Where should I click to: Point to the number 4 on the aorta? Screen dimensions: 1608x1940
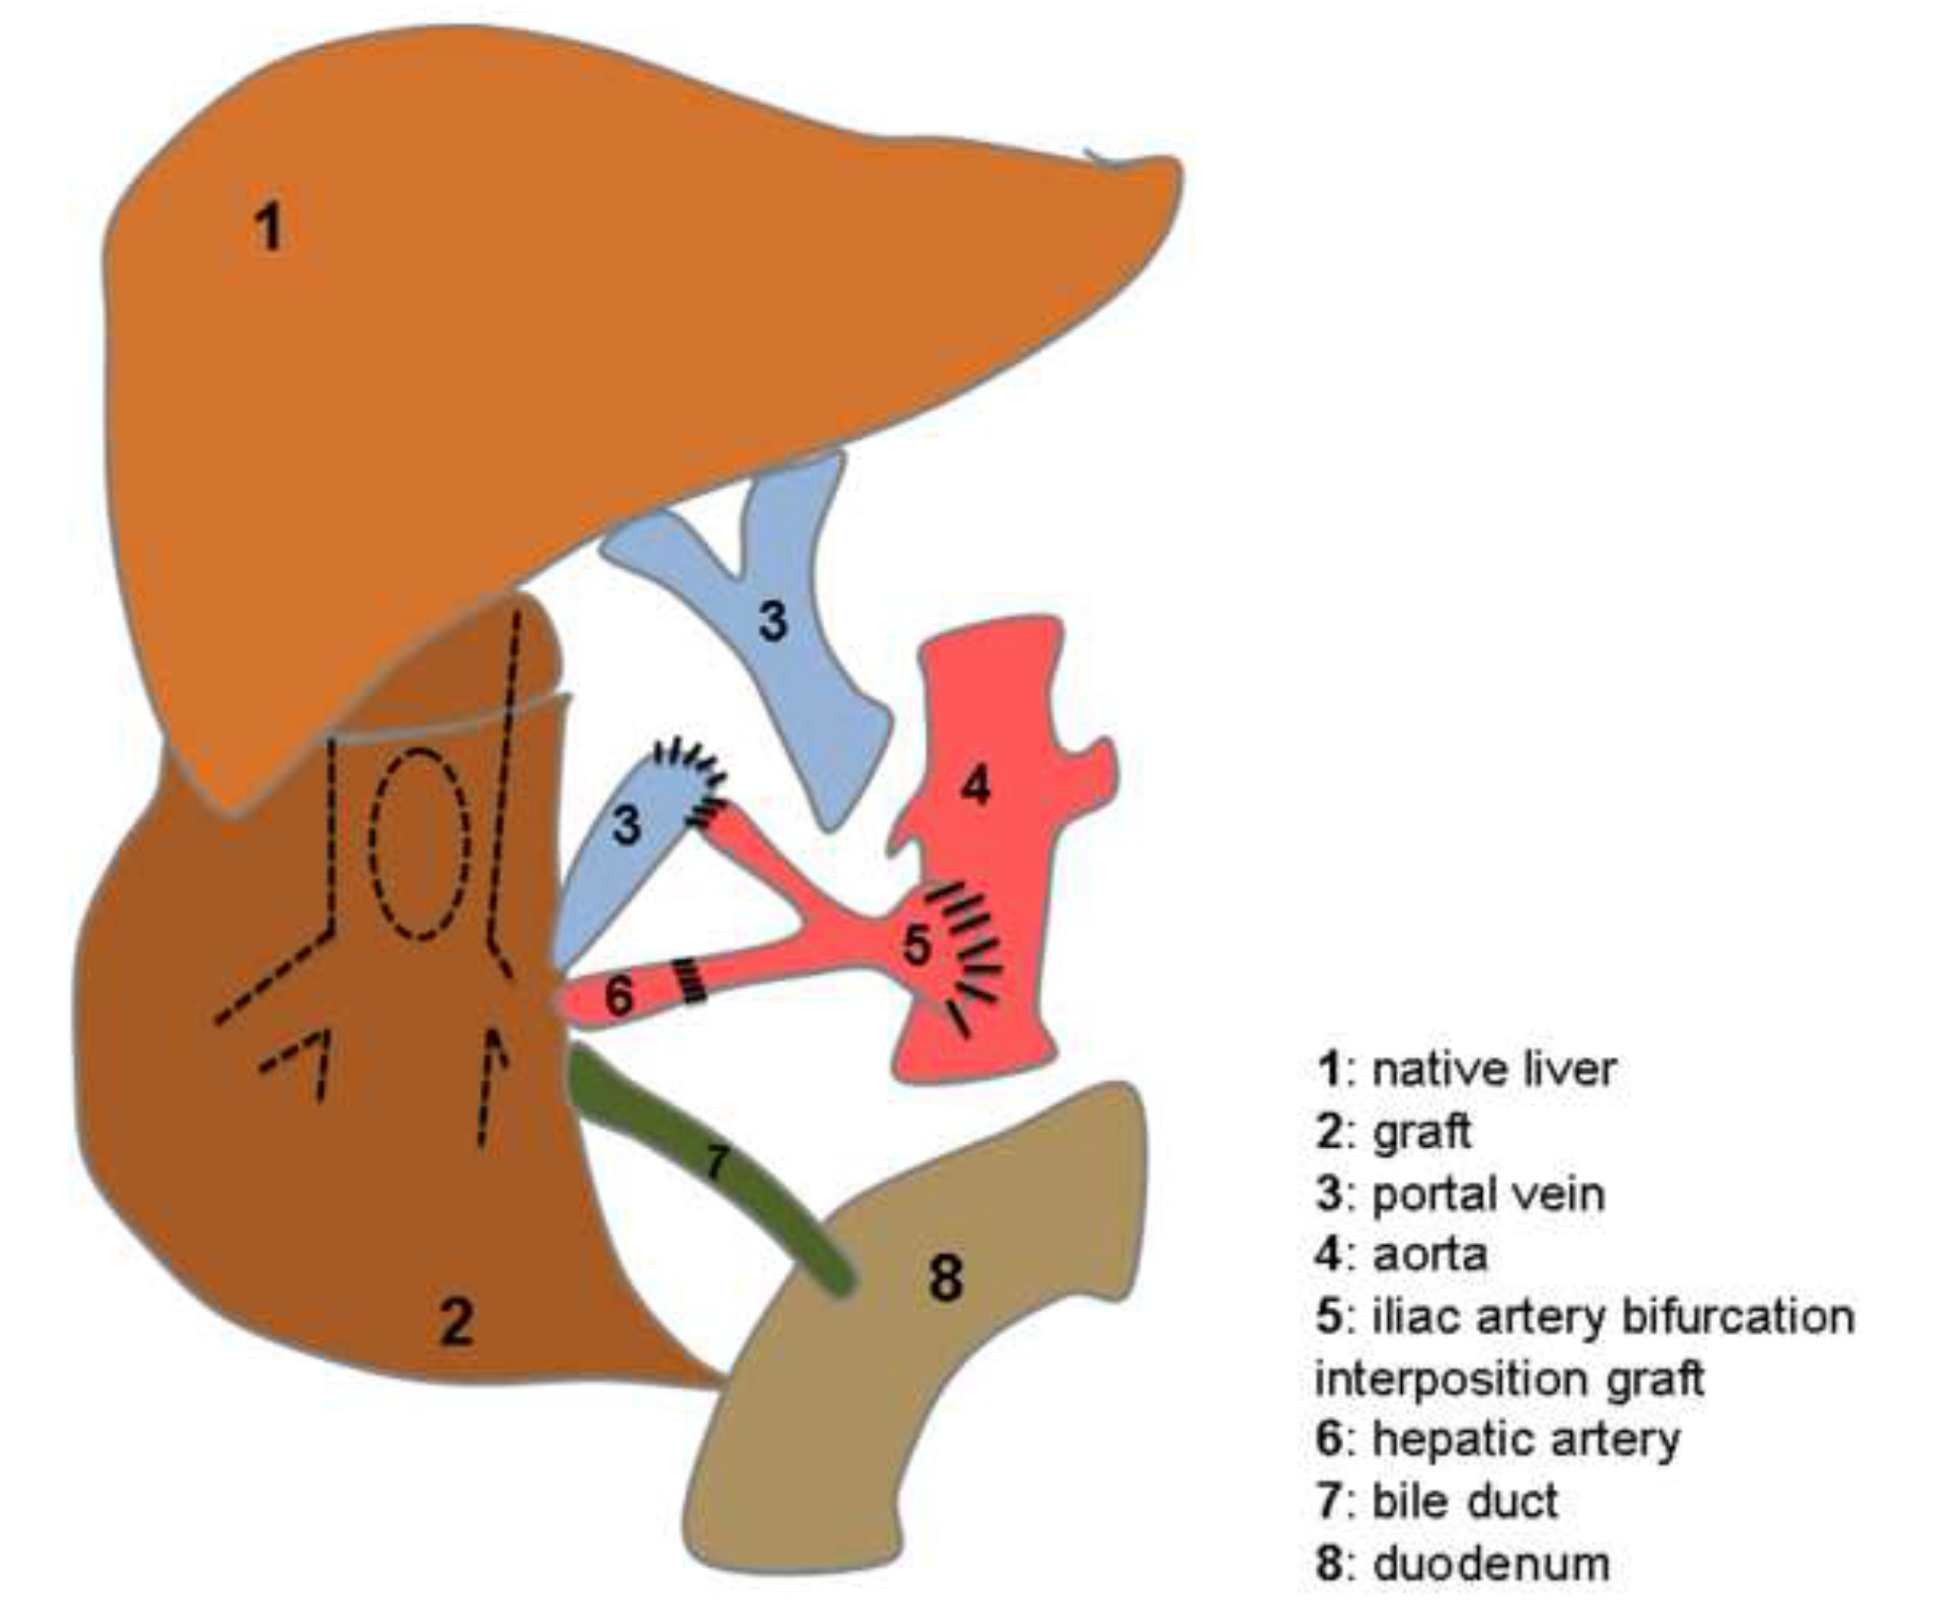(975, 786)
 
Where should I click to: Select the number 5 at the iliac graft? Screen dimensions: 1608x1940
(915, 945)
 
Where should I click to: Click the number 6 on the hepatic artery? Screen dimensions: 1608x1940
(618, 995)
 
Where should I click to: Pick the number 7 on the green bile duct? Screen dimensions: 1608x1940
(717, 1162)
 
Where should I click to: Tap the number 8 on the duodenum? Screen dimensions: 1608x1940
(944, 1278)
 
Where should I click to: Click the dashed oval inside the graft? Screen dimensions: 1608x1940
(420, 844)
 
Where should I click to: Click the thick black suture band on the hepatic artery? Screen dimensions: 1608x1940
(689, 980)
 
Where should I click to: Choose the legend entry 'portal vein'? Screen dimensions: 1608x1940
(1487, 1194)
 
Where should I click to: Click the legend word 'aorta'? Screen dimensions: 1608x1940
(1430, 1254)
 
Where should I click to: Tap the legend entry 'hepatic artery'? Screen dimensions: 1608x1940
(1525, 1438)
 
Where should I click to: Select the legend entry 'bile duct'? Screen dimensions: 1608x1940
(1464, 1501)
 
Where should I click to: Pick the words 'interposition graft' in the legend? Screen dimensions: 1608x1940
(1509, 1378)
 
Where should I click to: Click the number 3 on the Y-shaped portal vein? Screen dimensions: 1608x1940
(772, 620)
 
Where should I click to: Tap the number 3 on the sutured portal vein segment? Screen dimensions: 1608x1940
(626, 825)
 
